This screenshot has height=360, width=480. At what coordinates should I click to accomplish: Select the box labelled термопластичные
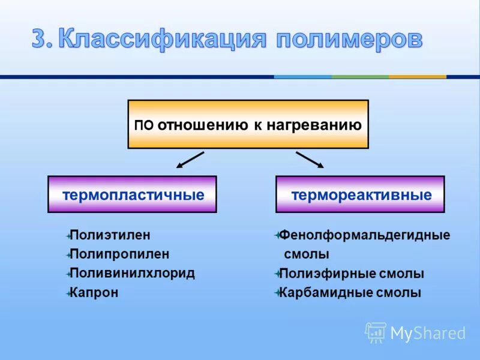click(132, 194)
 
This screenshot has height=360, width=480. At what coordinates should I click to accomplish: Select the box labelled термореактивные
click(360, 194)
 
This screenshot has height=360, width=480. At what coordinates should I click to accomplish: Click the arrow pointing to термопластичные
click(190, 160)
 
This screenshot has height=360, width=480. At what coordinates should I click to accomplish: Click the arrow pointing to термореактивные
click(310, 160)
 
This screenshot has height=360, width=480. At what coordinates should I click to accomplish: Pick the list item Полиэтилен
click(110, 235)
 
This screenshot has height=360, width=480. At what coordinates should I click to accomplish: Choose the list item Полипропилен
click(119, 254)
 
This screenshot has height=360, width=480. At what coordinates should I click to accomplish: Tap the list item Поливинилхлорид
click(132, 273)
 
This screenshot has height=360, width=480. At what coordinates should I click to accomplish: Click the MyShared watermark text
click(428, 333)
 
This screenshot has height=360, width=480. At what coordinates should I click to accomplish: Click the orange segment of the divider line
click(417, 77)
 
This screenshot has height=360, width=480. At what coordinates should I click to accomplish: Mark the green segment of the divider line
click(360, 77)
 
